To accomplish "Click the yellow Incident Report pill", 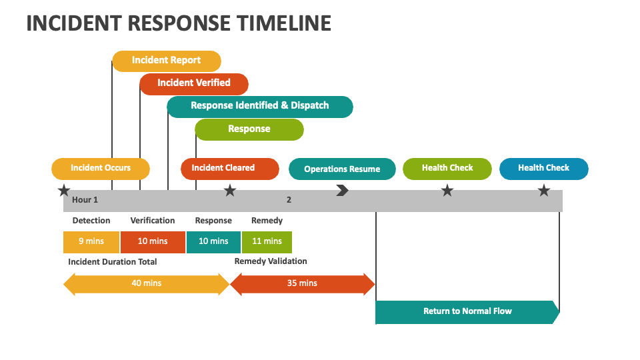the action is pyautogui.click(x=167, y=61).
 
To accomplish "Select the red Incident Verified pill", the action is pyautogui.click(x=194, y=84).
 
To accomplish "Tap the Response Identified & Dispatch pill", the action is pyautogui.click(x=260, y=107).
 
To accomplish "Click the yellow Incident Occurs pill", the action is pyautogui.click(x=101, y=169).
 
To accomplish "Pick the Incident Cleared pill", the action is pyautogui.click(x=230, y=169).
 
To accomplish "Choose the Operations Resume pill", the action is pyautogui.click(x=342, y=169).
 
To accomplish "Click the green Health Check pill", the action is pyautogui.click(x=447, y=169).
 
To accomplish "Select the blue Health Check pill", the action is pyautogui.click(x=544, y=169).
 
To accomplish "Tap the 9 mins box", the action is pyautogui.click(x=91, y=242).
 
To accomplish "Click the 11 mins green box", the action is pyautogui.click(x=267, y=242).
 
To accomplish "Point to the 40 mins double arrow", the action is pyautogui.click(x=147, y=284).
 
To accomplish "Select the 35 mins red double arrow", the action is pyautogui.click(x=303, y=284).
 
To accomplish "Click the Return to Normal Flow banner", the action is pyautogui.click(x=467, y=312).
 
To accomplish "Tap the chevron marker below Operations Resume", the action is pyautogui.click(x=343, y=190).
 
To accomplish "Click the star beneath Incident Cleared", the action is pyautogui.click(x=230, y=190).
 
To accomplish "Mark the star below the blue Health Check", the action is pyautogui.click(x=544, y=190).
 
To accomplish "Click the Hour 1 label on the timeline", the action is pyautogui.click(x=85, y=199).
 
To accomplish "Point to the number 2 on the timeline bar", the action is pyautogui.click(x=289, y=199).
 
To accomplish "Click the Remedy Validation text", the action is pyautogui.click(x=271, y=261).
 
